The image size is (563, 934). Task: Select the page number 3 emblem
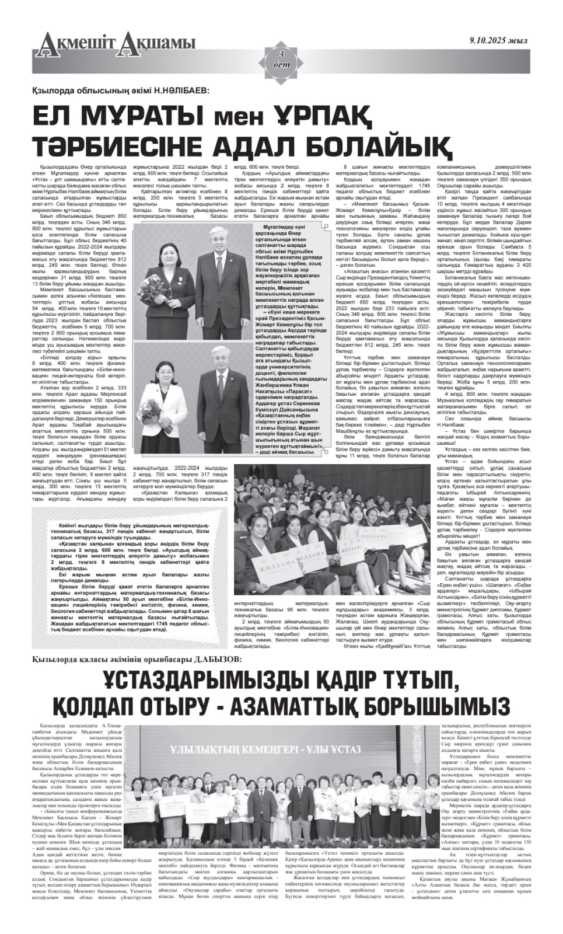point(281,58)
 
